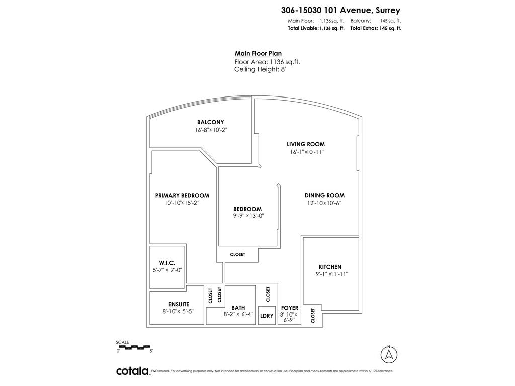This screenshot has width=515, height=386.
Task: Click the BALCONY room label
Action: coord(210,122)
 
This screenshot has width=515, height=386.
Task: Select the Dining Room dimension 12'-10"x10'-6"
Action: coord(324,203)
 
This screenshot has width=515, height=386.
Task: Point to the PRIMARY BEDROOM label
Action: coord(182,196)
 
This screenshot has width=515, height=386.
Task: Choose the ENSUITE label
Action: coord(179,304)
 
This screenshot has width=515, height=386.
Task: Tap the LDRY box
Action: coord(267,316)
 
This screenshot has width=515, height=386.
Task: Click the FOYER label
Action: coord(290,308)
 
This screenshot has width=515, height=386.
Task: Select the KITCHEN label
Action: coord(330,267)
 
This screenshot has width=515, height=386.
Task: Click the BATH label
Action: coord(238,308)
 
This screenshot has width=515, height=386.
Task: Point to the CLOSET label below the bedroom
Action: coord(237,255)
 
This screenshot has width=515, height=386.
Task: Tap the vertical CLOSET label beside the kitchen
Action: coord(313,316)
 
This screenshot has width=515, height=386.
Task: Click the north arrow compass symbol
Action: coord(388,354)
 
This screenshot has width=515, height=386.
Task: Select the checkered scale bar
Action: coord(133,346)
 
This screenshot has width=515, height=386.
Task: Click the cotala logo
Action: coord(132,371)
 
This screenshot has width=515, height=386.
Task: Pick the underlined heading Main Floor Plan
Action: coord(258,54)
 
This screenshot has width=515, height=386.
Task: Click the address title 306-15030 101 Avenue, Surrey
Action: coord(340,10)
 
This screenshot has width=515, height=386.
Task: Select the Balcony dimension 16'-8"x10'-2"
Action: coord(214,130)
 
